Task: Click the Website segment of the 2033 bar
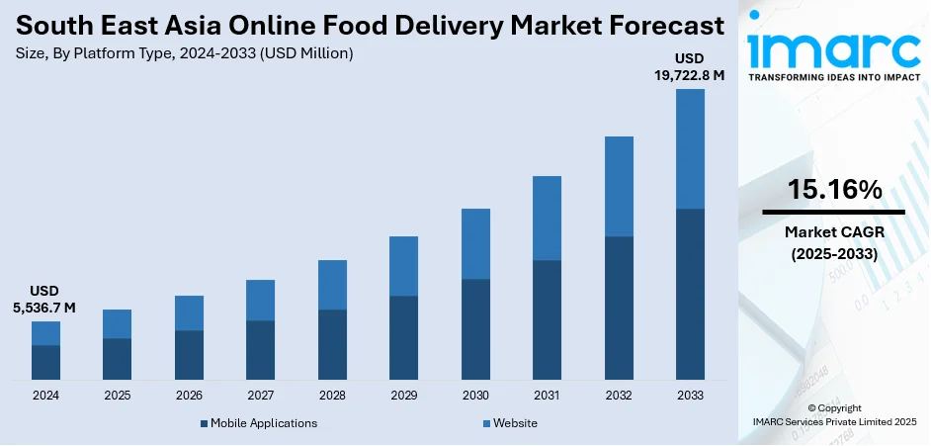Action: (x=690, y=148)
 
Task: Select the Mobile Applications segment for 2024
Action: (x=45, y=362)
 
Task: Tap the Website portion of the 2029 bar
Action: (x=403, y=266)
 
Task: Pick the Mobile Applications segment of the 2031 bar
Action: (x=547, y=319)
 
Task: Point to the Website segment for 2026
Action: (x=189, y=312)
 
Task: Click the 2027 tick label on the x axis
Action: (x=260, y=395)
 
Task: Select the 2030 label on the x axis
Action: (x=475, y=395)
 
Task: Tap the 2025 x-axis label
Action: (x=117, y=395)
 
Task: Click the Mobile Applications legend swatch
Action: (x=204, y=423)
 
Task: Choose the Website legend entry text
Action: (x=515, y=423)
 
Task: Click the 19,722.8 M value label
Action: (x=690, y=73)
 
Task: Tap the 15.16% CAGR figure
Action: (x=833, y=191)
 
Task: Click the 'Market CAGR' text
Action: (x=833, y=232)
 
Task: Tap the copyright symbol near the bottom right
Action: (x=811, y=407)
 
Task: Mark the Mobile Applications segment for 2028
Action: (x=332, y=344)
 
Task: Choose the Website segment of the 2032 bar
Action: (x=619, y=186)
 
